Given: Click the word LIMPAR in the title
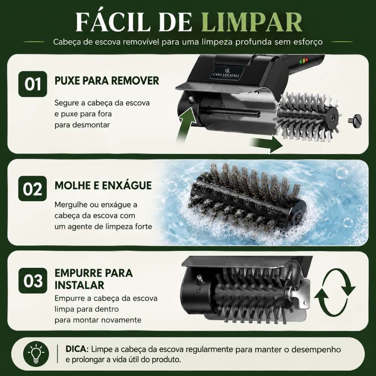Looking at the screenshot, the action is point(252,22).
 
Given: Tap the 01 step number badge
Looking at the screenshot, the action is point(33,84).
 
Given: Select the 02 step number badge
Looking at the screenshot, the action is point(33,188).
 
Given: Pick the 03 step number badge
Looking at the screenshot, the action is point(33,280).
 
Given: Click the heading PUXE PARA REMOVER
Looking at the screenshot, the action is point(107,80).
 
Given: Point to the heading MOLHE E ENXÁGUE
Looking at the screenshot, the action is point(103,185).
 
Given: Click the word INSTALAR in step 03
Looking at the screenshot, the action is point(79,285).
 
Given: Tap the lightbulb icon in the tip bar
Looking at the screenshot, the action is point(36,354).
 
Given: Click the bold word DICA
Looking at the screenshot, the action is point(77,349).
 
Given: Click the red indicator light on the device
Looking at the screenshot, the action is point(307,60).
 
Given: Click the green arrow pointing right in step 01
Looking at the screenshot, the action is point(267,144).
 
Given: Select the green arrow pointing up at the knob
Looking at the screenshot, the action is point(186,125).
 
